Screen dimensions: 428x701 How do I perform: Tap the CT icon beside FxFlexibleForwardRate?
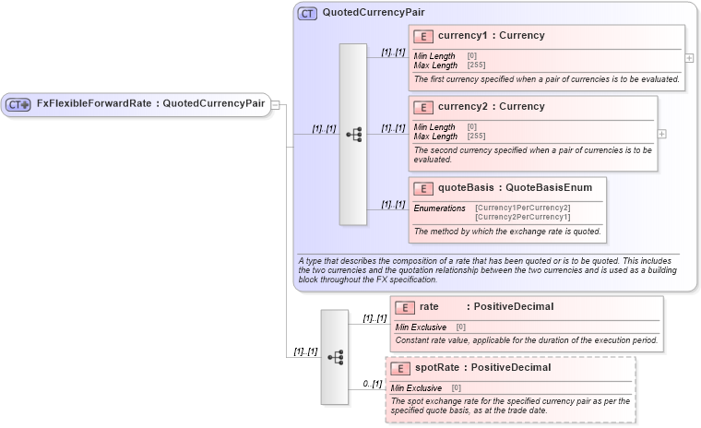[x=18, y=104]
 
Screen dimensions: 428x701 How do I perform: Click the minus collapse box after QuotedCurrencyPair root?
[x=275, y=104]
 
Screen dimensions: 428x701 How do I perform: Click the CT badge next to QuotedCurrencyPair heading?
[x=307, y=13]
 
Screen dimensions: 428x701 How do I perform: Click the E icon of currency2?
[x=423, y=107]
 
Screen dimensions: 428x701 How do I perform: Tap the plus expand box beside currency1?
[x=688, y=57]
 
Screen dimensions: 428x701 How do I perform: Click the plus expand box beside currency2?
[x=660, y=133]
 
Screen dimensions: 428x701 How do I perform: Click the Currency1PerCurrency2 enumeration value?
[x=522, y=208]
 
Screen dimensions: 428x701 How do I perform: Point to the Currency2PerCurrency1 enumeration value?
[x=522, y=217]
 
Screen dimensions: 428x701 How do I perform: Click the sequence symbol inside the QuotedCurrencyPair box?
[x=353, y=134]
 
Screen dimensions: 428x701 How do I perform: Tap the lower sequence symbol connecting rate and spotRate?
[x=335, y=356]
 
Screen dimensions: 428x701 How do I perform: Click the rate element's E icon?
[x=403, y=307]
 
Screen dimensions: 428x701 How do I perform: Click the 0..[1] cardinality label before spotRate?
[x=372, y=383]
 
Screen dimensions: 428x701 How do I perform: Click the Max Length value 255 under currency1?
[x=476, y=65]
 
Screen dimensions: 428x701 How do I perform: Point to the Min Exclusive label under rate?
[x=421, y=327]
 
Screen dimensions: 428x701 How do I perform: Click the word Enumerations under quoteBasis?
[x=439, y=208]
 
